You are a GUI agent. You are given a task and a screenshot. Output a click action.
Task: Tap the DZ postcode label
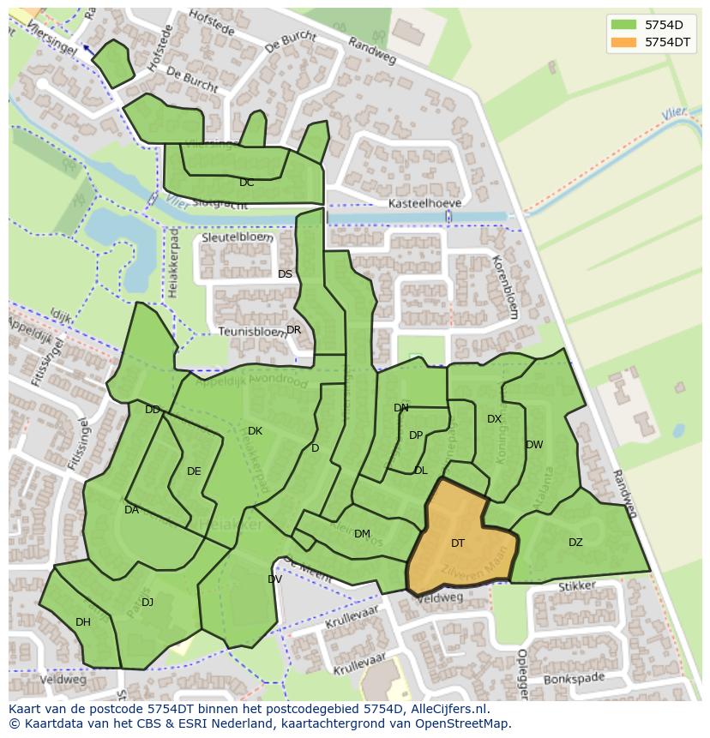(575, 543)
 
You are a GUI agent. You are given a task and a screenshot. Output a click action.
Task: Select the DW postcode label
(534, 445)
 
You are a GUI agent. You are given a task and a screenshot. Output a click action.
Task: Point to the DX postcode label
(494, 419)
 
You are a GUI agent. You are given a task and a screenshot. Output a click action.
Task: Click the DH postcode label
(83, 622)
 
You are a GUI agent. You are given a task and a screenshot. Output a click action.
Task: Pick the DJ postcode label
(147, 603)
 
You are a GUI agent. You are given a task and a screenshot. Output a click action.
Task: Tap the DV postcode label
(274, 579)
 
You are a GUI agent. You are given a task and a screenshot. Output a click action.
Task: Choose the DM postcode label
(362, 534)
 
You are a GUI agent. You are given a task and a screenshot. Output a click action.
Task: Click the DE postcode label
(194, 471)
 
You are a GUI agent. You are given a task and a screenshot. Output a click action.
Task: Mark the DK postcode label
(255, 431)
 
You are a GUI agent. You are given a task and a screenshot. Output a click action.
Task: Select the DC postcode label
(247, 183)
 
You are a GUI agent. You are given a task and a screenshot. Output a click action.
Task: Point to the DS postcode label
(285, 274)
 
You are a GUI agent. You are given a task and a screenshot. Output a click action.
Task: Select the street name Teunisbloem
(253, 331)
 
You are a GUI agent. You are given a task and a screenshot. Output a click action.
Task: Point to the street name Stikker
(576, 587)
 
